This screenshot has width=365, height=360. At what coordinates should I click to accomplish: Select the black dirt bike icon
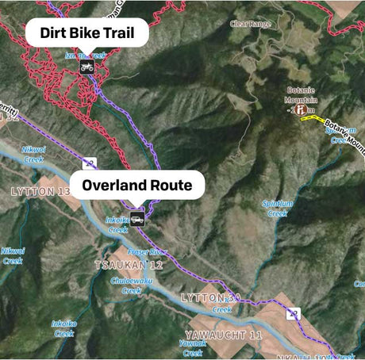[x=86, y=67]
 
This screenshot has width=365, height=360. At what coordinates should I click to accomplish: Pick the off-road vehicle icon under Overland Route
[x=138, y=220]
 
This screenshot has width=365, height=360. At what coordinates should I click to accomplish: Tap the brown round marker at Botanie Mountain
[x=301, y=112]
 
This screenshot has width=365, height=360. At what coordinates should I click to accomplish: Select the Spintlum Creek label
[x=275, y=208]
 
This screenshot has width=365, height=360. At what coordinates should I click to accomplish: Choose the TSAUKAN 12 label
[x=128, y=264]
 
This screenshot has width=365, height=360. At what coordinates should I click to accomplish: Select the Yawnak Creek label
[x=192, y=347]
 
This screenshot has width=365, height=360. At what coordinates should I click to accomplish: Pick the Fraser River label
[x=156, y=252]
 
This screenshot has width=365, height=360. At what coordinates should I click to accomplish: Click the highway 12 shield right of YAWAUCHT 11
[x=294, y=314]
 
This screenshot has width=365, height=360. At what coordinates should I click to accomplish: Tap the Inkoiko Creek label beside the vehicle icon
[x=117, y=225]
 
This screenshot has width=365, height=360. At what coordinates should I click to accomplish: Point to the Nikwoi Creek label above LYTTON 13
[x=33, y=153]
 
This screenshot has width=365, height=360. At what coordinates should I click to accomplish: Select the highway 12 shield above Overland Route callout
[x=90, y=163]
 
